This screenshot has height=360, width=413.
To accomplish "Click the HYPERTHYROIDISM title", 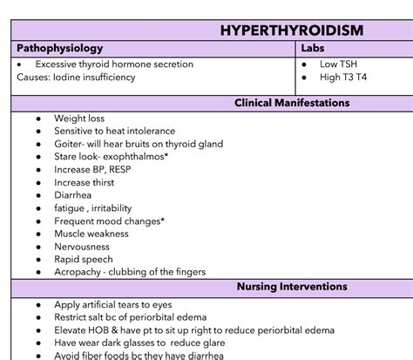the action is pos(292,31).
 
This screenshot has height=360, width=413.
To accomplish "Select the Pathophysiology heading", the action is pos(59,49).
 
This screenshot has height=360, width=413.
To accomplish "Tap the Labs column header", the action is pos(313,49).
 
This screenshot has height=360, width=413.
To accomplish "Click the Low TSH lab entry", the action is pos(338,65).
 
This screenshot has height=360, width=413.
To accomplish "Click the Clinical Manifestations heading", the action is pos(292,103).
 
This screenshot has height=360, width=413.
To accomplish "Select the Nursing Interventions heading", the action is pos(292,287).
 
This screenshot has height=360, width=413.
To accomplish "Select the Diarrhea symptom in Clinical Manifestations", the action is pos(74,196).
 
